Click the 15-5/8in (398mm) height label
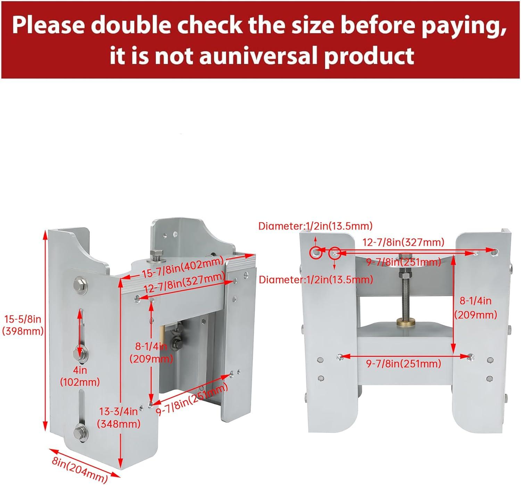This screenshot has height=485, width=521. [23, 325]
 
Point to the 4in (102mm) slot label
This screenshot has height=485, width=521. [80, 376]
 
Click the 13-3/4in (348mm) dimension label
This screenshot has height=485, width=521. [118, 418]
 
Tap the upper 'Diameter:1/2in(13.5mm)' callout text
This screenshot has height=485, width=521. [315, 226]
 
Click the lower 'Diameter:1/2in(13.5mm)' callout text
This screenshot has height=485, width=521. [316, 280]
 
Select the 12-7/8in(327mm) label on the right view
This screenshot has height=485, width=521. [404, 242]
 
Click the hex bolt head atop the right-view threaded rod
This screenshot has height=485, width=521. [406, 256]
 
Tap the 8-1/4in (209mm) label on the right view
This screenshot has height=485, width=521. [475, 308]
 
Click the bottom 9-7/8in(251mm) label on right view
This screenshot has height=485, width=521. [404, 363]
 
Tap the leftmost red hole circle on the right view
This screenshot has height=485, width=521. [316, 253]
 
